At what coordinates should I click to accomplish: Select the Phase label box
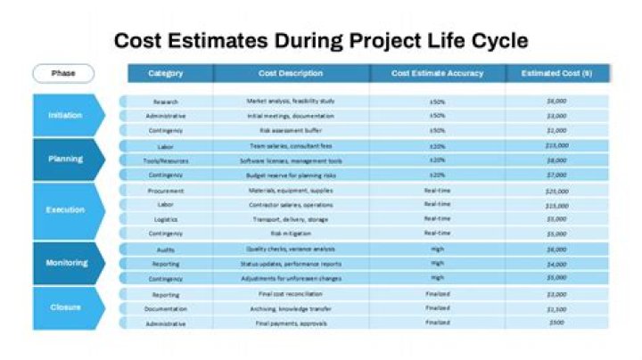63,73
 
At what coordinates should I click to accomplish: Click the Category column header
166,73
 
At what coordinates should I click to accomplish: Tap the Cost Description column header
291,73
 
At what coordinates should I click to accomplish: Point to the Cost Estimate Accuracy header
438,73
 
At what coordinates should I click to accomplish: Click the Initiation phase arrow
67,115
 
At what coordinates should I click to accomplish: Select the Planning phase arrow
67,160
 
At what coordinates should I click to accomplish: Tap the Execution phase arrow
67,210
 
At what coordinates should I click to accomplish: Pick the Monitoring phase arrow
67,263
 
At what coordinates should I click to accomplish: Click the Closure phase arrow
67,307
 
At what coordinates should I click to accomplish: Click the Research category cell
166,102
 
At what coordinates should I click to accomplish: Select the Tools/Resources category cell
166,160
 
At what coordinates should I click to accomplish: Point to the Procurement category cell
166,191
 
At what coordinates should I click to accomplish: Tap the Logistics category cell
166,219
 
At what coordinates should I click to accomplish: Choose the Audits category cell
166,250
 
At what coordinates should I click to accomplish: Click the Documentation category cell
166,308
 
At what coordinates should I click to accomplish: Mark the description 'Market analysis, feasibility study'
291,102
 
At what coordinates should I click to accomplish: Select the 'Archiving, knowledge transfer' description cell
291,308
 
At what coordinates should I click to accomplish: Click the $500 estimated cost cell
557,323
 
